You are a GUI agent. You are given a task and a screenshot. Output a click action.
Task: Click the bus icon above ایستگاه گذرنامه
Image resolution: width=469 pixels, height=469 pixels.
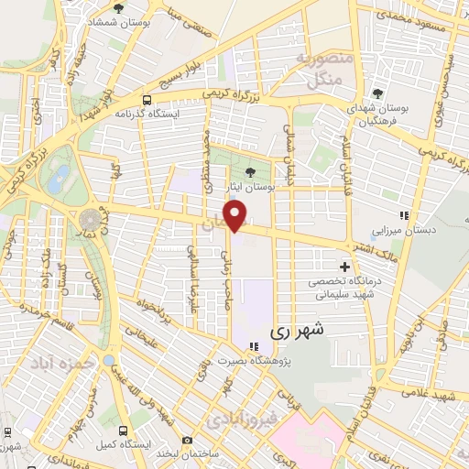coord(147,100)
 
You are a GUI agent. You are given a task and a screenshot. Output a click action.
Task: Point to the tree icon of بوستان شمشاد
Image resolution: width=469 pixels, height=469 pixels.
coord(118,8)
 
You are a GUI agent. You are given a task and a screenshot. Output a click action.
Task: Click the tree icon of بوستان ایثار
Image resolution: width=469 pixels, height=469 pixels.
coord(251,171)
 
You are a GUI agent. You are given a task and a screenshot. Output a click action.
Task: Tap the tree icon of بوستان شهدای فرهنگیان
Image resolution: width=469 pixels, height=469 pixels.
coord(376,93)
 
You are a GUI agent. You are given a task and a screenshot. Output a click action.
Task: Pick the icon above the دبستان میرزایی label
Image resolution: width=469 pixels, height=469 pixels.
coord(404,215)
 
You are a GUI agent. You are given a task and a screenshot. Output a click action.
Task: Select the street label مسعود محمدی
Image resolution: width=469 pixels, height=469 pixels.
coord(424,22)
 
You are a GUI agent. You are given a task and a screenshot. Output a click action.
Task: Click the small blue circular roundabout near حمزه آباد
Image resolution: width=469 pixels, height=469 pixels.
coord(108,363)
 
